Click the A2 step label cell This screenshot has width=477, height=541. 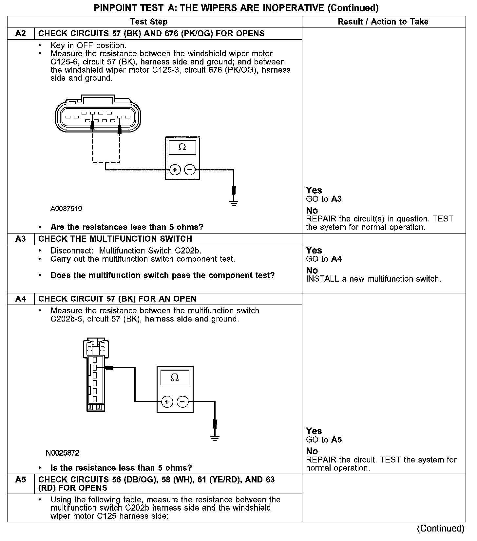(x=21, y=34)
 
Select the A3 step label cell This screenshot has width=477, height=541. (x=21, y=239)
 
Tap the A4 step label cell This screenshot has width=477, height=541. (x=21, y=299)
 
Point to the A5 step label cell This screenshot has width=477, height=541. (x=21, y=480)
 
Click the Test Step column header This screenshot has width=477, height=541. (x=149, y=22)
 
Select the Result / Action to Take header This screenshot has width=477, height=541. (x=383, y=22)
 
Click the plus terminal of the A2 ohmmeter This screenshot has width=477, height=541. (x=175, y=170)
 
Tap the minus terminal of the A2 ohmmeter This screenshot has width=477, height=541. (x=190, y=170)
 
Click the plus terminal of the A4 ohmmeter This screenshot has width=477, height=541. (x=167, y=401)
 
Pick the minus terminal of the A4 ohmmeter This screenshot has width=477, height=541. (x=183, y=401)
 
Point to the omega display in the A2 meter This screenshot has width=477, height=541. (x=182, y=148)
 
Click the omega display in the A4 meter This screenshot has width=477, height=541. (x=175, y=378)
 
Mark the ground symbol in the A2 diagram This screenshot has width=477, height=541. (x=234, y=203)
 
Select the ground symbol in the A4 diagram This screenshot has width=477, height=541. (x=215, y=438)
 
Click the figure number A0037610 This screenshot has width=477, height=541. (x=66, y=209)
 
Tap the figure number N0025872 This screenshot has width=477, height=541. (x=63, y=453)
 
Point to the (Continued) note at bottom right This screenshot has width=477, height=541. (x=440, y=529)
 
